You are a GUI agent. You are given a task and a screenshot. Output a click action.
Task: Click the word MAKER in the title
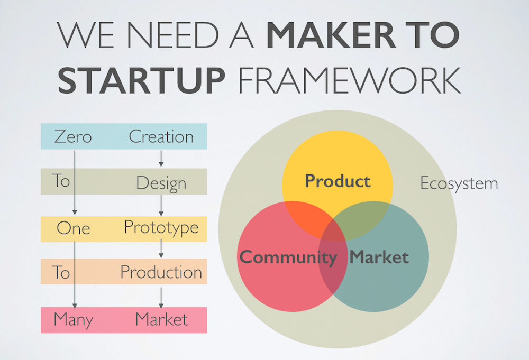[331, 35]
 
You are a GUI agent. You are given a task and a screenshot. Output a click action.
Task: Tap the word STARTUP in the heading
[141, 80]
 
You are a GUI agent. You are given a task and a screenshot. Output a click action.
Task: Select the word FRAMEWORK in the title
[350, 80]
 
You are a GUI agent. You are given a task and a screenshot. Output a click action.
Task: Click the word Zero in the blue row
[73, 136]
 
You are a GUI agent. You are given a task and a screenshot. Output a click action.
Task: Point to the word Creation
[161, 136]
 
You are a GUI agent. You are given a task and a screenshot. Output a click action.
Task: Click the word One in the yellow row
[73, 228]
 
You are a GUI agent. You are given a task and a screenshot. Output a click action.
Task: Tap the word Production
[161, 272]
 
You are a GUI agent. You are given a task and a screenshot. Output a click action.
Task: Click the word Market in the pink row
[161, 319]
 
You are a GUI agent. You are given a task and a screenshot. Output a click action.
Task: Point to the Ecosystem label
[459, 184]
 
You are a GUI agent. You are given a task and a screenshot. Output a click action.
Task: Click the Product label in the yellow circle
[338, 181]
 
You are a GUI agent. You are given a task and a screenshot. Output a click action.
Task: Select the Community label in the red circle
[288, 258]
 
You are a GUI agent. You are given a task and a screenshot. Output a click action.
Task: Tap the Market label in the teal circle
[379, 257]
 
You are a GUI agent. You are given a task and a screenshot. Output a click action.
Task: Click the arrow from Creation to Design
[161, 159]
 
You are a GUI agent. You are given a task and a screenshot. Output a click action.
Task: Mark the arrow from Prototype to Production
[161, 248]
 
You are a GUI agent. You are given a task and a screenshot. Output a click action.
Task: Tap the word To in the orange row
[61, 272]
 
